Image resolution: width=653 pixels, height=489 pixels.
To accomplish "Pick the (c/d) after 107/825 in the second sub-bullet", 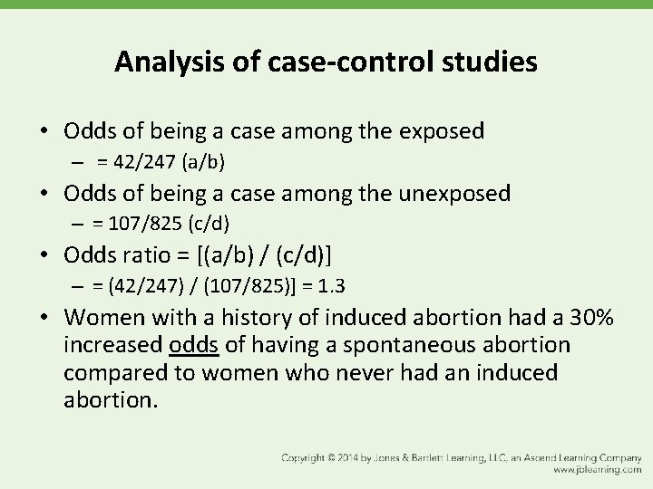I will tap(211, 224).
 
